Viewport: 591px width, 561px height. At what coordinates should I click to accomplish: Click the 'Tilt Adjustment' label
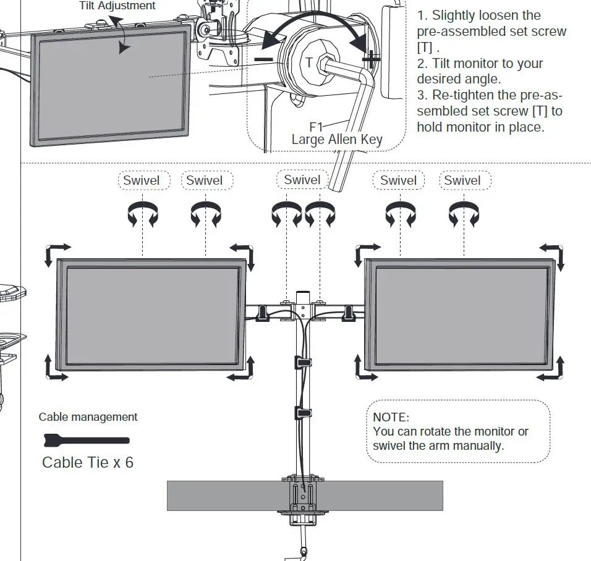point(117,6)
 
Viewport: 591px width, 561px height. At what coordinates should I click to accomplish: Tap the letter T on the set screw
point(309,62)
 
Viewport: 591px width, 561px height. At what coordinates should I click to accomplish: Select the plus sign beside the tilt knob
point(370,59)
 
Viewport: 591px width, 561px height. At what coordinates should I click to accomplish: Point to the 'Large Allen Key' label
point(337,140)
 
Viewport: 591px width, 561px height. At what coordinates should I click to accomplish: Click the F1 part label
point(317,127)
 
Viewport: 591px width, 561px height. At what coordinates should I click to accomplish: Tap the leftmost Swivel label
point(141,180)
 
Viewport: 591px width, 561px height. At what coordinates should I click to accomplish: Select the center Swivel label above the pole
point(302,180)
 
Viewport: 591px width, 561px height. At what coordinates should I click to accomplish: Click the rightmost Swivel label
point(462,180)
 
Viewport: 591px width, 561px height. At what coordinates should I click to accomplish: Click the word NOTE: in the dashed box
point(391,418)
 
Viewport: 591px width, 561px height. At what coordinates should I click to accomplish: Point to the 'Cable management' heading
point(88,417)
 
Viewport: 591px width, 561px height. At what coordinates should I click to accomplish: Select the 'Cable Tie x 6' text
point(87,462)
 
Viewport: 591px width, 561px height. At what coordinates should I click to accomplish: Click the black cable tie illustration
point(87,441)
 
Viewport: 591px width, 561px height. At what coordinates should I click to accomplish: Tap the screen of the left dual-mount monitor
point(152,315)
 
